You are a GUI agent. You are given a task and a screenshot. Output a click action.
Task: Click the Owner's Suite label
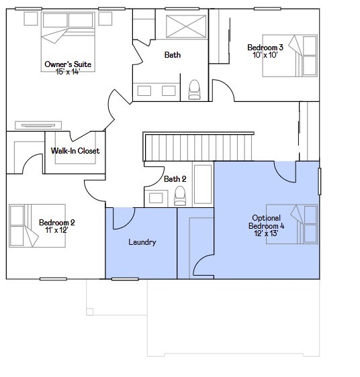[68, 64]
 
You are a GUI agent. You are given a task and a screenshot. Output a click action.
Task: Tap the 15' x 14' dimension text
[67, 72]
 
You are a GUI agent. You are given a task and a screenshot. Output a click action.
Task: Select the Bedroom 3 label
[265, 47]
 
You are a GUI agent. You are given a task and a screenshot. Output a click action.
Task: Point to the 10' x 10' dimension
[265, 55]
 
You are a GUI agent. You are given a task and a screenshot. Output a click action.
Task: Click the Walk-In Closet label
[75, 151]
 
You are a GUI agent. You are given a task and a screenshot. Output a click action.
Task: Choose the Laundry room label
[142, 242]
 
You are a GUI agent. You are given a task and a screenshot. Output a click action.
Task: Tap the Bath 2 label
[175, 179]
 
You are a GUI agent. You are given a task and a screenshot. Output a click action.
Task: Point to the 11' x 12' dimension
[56, 230]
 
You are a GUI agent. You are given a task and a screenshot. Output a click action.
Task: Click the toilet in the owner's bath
[194, 90]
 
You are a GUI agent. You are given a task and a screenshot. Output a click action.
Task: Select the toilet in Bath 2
[180, 196]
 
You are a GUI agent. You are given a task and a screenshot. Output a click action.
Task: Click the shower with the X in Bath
[186, 26]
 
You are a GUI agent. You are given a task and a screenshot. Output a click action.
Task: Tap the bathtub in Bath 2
[203, 184]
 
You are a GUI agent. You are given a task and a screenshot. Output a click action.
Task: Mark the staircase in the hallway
[198, 146]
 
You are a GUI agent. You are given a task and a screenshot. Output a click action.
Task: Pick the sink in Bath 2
[156, 198]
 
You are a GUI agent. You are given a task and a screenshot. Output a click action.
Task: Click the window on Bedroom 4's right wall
[319, 181]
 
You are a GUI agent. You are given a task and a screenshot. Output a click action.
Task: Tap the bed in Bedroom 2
[37, 226]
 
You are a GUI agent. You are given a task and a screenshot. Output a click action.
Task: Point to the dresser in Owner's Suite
[38, 125]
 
